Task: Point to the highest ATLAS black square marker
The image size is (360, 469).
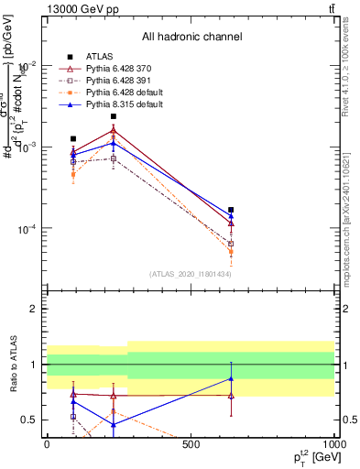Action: [114, 116]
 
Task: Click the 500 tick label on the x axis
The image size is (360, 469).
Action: [191, 444]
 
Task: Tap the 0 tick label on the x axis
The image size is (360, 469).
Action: [47, 444]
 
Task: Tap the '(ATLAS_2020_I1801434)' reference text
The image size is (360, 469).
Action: [191, 274]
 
